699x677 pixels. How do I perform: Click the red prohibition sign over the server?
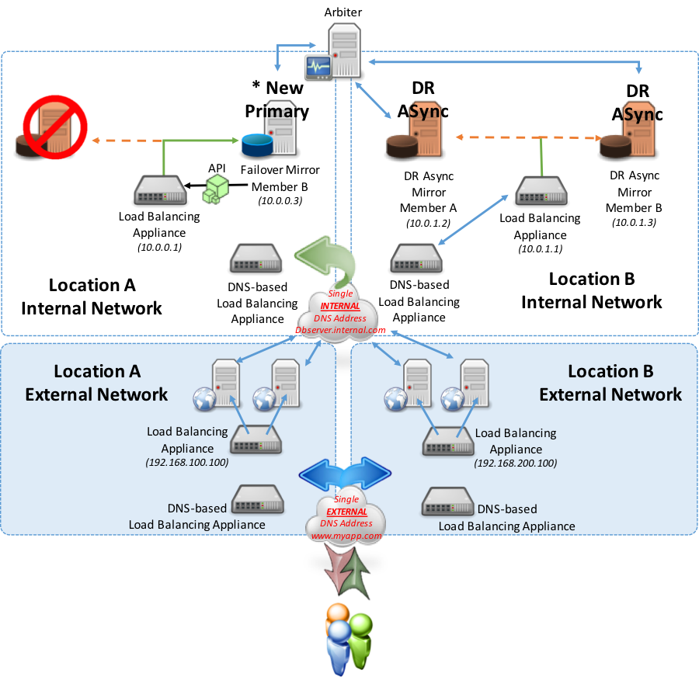[54, 127]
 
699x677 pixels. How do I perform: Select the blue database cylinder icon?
[256, 144]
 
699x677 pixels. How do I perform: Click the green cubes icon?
[215, 189]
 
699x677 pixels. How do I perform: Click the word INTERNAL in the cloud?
[340, 306]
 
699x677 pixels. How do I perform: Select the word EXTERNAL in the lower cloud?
[346, 512]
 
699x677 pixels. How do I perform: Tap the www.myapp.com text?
[346, 536]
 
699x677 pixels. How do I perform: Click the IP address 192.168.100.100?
[186, 463]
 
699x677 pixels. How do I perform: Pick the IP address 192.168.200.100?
[516, 463]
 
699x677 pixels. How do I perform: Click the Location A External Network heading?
[96, 383]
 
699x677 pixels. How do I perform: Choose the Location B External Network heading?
[610, 383]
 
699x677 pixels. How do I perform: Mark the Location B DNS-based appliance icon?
[447, 502]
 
